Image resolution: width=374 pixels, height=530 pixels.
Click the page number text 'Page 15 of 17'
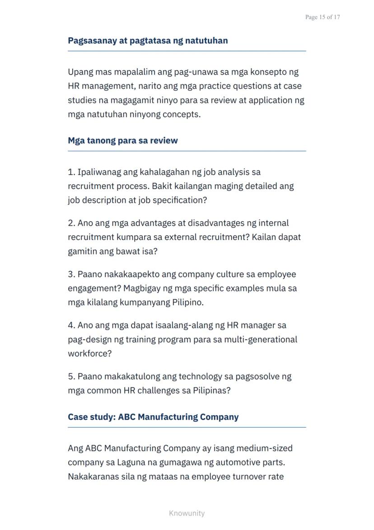point(322,17)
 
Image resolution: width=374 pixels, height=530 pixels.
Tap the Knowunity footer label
point(187,513)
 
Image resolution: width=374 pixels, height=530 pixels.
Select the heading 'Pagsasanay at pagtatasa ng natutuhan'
point(148,41)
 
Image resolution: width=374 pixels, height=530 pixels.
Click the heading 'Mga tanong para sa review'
point(123,140)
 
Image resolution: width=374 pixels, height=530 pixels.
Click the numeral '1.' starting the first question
point(71,172)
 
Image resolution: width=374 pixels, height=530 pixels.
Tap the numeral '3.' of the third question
point(71,274)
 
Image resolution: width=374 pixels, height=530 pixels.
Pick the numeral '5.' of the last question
point(71,377)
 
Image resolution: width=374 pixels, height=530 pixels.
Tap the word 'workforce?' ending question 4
point(89,353)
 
